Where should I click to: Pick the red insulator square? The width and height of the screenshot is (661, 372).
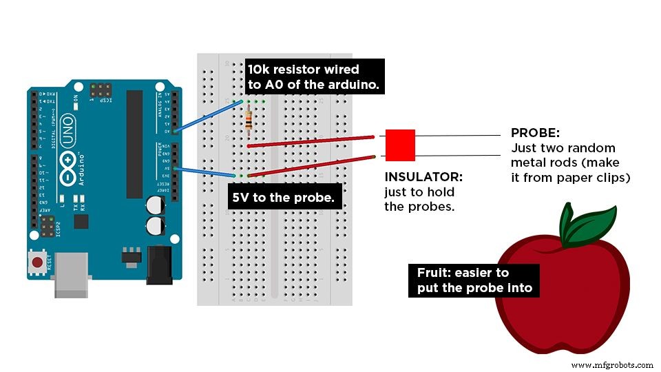tap(400, 145)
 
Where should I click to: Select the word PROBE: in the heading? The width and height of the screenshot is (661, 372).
tap(534, 133)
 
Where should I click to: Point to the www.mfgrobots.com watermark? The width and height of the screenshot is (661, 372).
tap(611, 365)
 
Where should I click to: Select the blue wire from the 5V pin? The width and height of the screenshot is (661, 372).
tap(204, 172)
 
